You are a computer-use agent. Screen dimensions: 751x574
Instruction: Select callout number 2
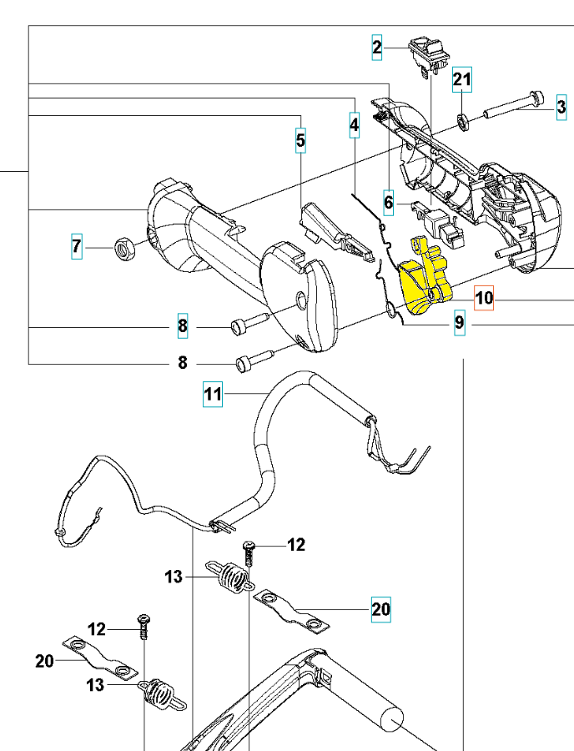pyautogui.click(x=378, y=49)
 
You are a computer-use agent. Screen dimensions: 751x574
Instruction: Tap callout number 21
pyautogui.click(x=462, y=81)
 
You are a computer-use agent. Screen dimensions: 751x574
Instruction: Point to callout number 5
pyautogui.click(x=300, y=140)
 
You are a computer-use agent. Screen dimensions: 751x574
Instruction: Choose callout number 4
pyautogui.click(x=354, y=126)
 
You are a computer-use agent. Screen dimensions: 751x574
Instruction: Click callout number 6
pyautogui.click(x=389, y=201)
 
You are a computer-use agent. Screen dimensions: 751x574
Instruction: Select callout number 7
pyautogui.click(x=77, y=246)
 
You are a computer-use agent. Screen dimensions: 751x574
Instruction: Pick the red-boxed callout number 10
pyautogui.click(x=484, y=298)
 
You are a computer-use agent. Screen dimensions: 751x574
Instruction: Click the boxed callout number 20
pyautogui.click(x=380, y=610)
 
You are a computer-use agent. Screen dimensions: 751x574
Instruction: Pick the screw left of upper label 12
pyautogui.click(x=249, y=552)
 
